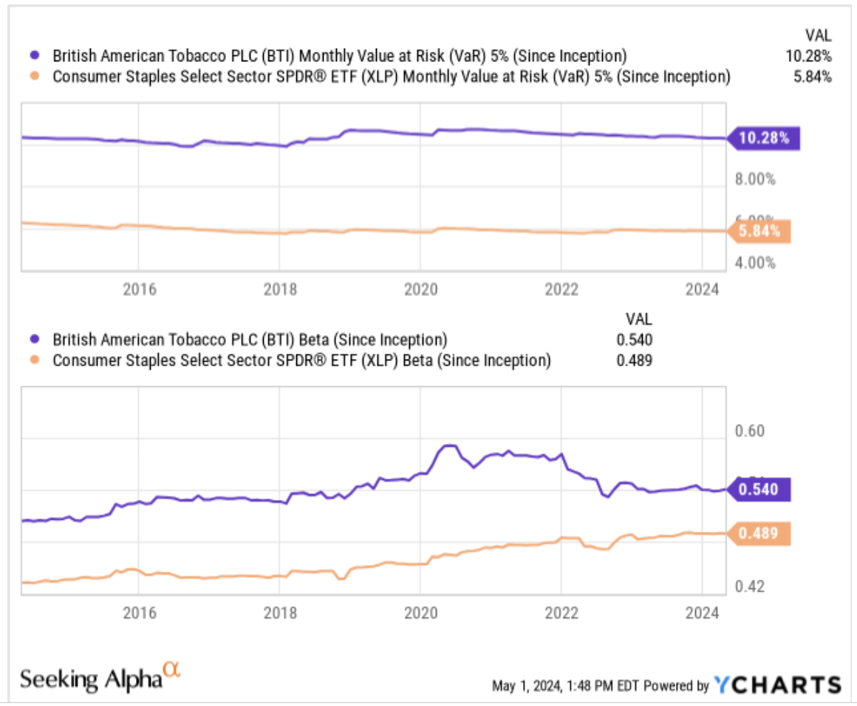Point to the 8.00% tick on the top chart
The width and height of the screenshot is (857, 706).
pyautogui.click(x=754, y=179)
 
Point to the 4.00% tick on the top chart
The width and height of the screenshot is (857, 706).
pyautogui.click(x=754, y=262)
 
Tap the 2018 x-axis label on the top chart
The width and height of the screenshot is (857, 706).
pyautogui.click(x=279, y=289)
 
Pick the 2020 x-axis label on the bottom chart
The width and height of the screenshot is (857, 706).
pyautogui.click(x=420, y=613)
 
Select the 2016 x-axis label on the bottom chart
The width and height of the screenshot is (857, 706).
pyautogui.click(x=138, y=613)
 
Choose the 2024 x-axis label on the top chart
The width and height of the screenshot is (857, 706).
pyautogui.click(x=702, y=289)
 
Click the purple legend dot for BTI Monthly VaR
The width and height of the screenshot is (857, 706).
pyautogui.click(x=34, y=55)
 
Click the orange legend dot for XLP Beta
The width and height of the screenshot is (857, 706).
pyautogui.click(x=34, y=360)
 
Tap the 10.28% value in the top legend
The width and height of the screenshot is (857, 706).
pyautogui.click(x=810, y=55)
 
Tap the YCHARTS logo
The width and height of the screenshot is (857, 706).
pyautogui.click(x=777, y=685)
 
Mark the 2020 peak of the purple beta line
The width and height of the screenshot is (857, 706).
pyautogui.click(x=448, y=445)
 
